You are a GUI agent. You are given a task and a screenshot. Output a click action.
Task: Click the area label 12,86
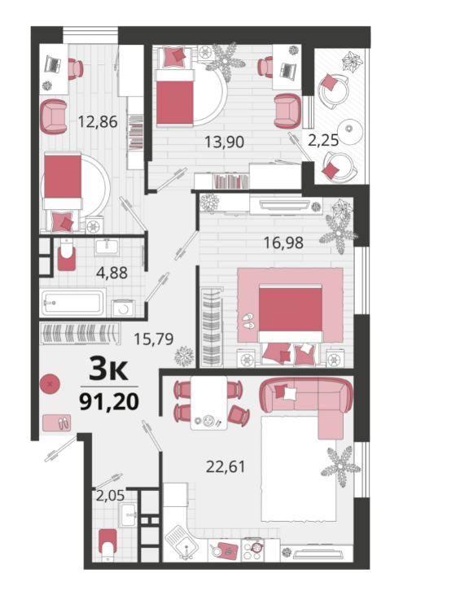point(98,122)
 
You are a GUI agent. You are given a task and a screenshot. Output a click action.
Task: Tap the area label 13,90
point(224,142)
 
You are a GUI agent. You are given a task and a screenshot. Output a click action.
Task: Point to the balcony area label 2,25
point(323,140)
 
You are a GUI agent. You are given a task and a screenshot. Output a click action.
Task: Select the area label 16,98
point(283,243)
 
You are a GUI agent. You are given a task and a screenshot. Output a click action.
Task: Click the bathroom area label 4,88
point(112,273)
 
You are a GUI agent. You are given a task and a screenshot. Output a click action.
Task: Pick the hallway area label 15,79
point(154,339)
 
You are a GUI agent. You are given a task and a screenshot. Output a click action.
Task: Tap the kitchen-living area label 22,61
point(226,466)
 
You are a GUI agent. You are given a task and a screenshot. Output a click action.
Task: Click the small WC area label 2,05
point(110,496)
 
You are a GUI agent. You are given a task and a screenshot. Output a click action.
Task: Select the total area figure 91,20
point(109,402)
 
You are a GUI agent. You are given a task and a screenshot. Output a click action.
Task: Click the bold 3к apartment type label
point(108,370)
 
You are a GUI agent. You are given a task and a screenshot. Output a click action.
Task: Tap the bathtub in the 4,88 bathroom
point(73,303)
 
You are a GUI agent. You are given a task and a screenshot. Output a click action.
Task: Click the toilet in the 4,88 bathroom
point(68,254)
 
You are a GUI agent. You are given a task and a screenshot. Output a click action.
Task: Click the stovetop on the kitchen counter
point(252,549)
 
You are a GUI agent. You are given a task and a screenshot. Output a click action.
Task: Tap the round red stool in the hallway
point(50,384)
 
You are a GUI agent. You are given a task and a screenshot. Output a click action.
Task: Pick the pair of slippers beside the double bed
point(248,321)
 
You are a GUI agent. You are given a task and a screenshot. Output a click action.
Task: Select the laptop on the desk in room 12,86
point(53,64)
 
